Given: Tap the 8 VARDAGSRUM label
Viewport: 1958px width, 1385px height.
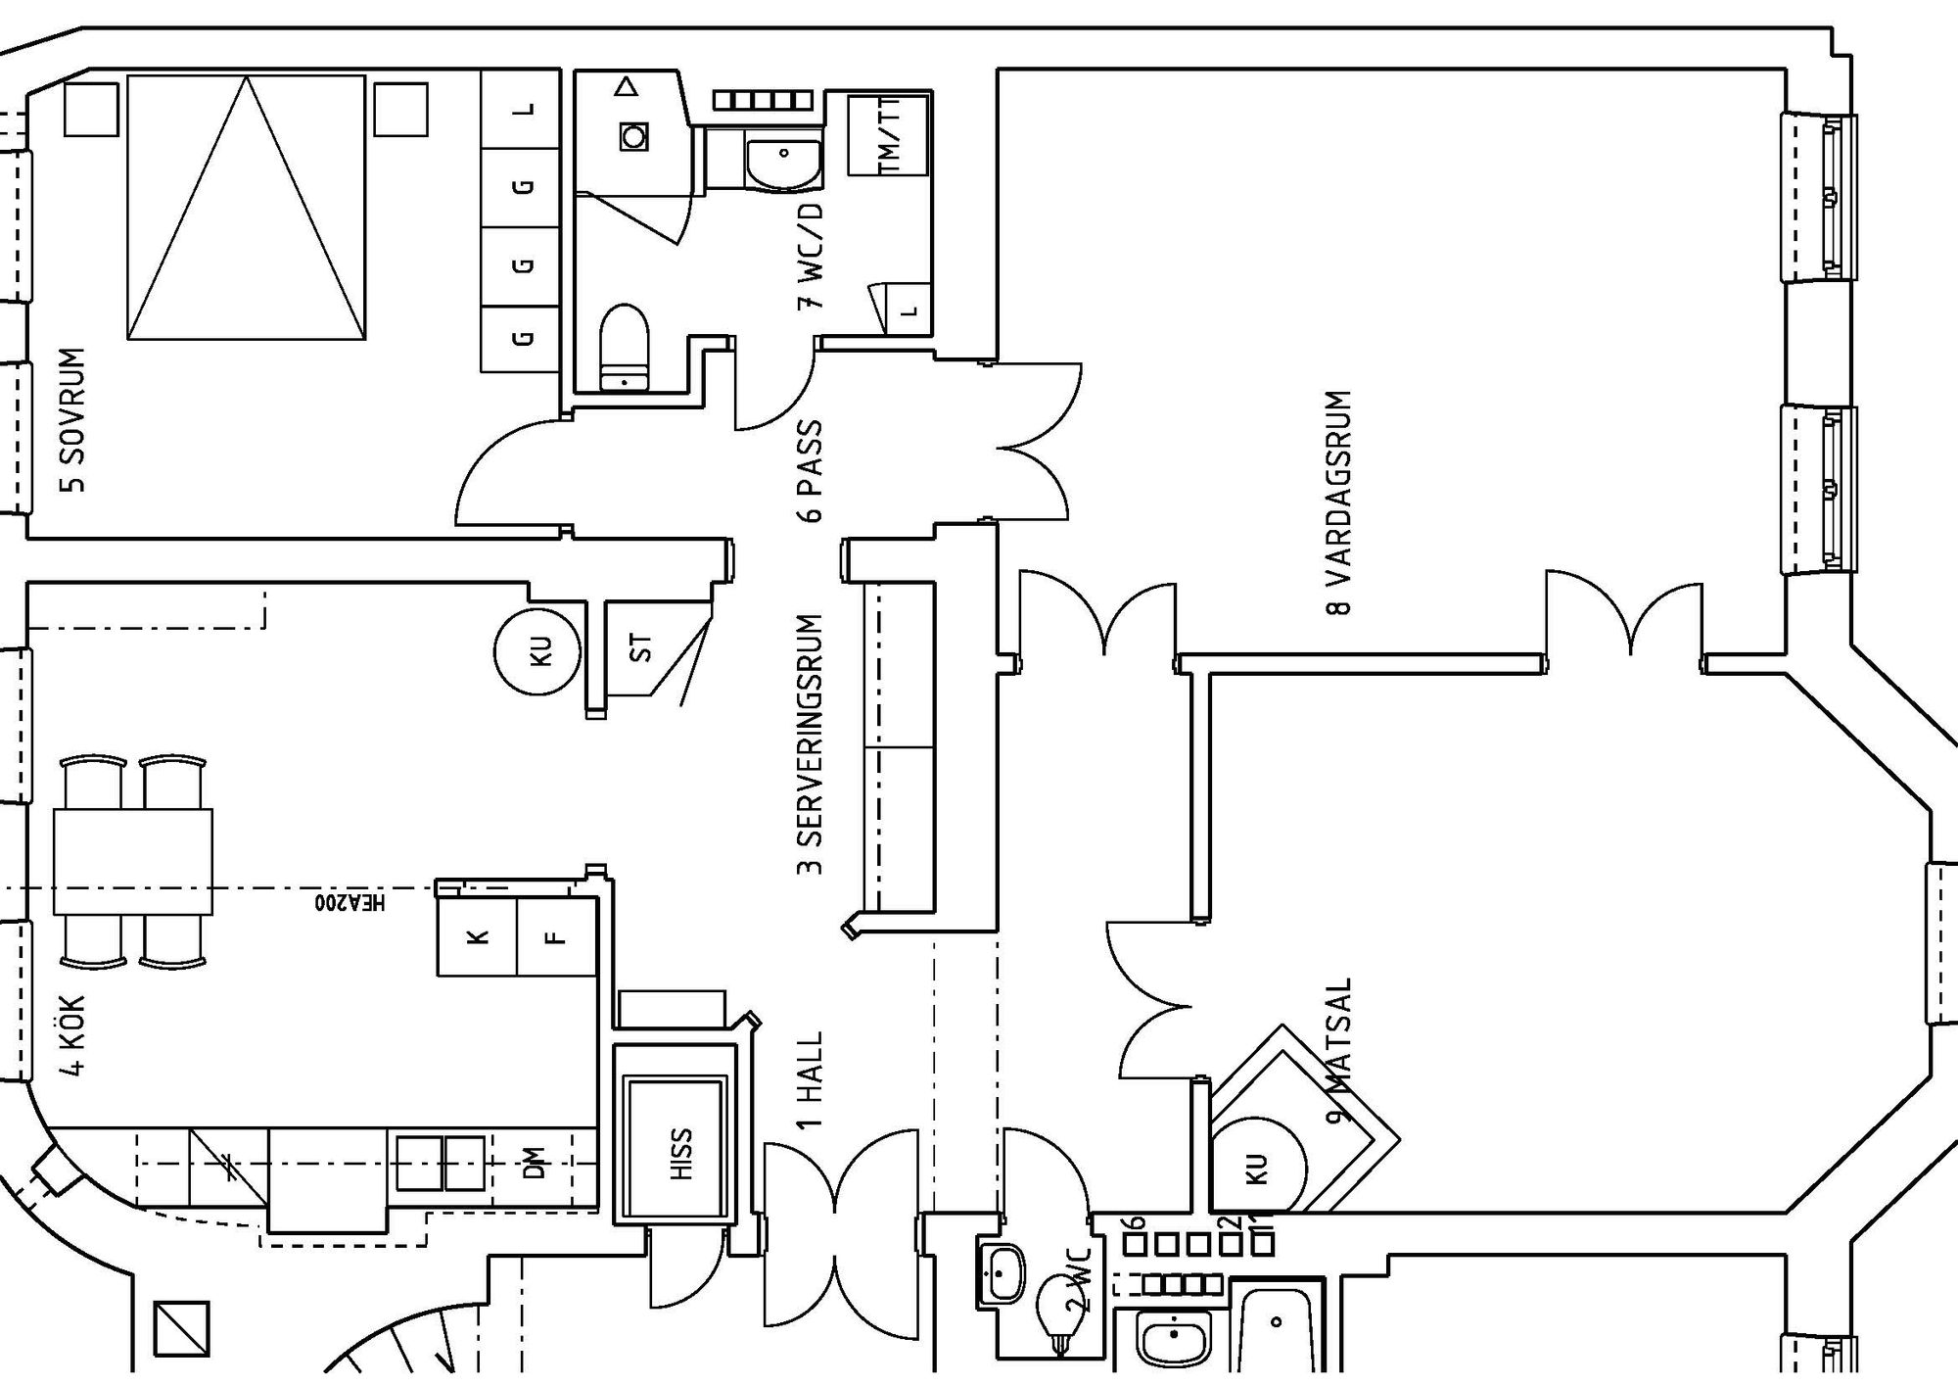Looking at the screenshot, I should [x=1338, y=502].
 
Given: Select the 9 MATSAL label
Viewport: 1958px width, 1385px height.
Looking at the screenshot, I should [x=1338, y=1049].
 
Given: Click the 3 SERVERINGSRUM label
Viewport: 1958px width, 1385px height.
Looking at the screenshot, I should [x=811, y=744].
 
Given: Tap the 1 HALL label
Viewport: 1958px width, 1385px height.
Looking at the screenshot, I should [x=811, y=1080].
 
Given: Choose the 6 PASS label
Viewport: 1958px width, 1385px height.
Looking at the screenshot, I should [x=811, y=471].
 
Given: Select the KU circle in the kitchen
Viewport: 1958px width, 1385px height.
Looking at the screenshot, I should [x=537, y=651].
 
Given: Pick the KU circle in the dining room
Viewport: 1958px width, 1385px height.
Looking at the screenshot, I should [x=1259, y=1166].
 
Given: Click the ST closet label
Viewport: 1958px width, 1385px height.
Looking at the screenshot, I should [x=641, y=647].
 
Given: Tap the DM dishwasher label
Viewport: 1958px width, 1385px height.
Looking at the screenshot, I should [x=535, y=1163].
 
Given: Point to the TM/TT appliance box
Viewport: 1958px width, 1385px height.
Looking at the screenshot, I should [x=888, y=136].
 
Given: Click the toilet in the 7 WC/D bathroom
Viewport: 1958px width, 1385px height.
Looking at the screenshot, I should [x=624, y=348].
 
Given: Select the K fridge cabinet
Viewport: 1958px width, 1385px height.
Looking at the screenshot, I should [x=477, y=936].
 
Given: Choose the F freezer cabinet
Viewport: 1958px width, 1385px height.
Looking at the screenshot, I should [x=556, y=936].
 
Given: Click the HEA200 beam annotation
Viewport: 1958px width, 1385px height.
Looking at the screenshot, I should [x=350, y=902].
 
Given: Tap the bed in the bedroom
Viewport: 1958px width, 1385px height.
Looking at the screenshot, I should [x=246, y=209].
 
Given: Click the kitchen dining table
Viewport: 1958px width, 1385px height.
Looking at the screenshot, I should [x=133, y=861].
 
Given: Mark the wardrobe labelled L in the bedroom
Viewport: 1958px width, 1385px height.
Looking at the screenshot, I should [x=522, y=109].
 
